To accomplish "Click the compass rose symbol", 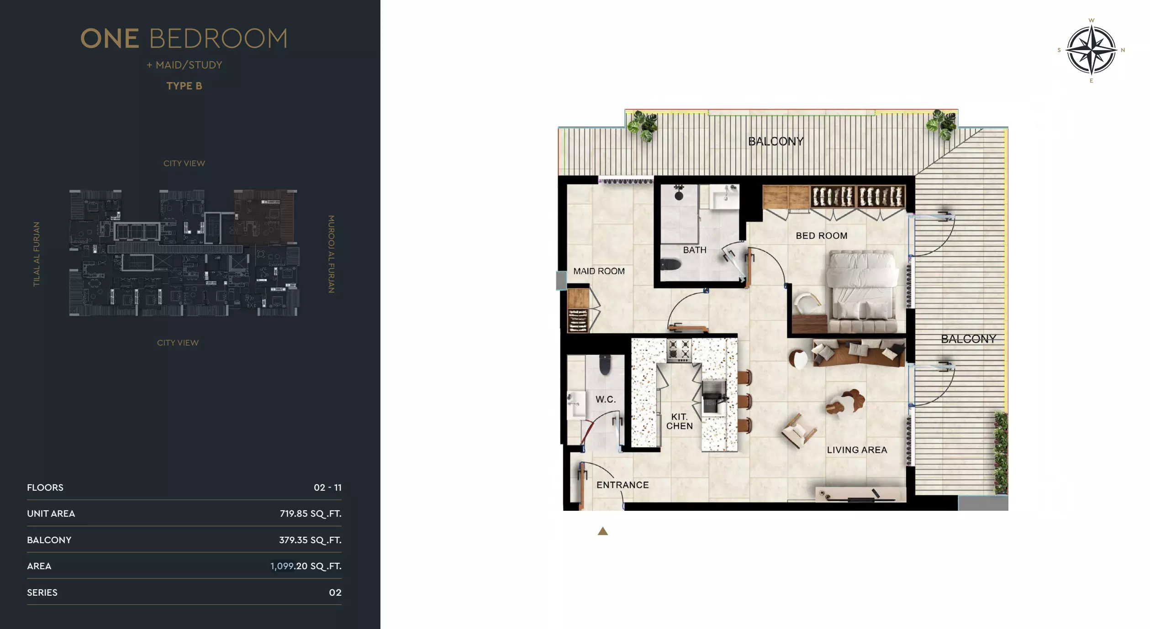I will coord(1091,50).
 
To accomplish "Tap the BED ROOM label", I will coord(821,236).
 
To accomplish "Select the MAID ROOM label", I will coord(599,271).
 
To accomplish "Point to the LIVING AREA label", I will coord(857,450).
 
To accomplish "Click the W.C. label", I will coord(606,399).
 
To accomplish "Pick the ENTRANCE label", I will coord(622,485).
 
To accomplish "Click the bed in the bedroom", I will coord(861,292).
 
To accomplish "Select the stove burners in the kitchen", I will coord(679,350).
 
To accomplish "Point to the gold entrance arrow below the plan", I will coord(603,531).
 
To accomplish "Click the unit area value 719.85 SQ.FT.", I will coord(310,514).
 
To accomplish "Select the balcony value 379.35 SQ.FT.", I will coord(310,540).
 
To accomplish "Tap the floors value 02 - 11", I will coord(327,487).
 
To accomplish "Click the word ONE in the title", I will coord(110,38).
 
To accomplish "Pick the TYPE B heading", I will coord(184,86).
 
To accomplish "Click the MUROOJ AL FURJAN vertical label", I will coord(332,254).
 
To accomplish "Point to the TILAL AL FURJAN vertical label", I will coord(37,254).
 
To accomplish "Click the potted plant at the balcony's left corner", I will coord(643,125).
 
